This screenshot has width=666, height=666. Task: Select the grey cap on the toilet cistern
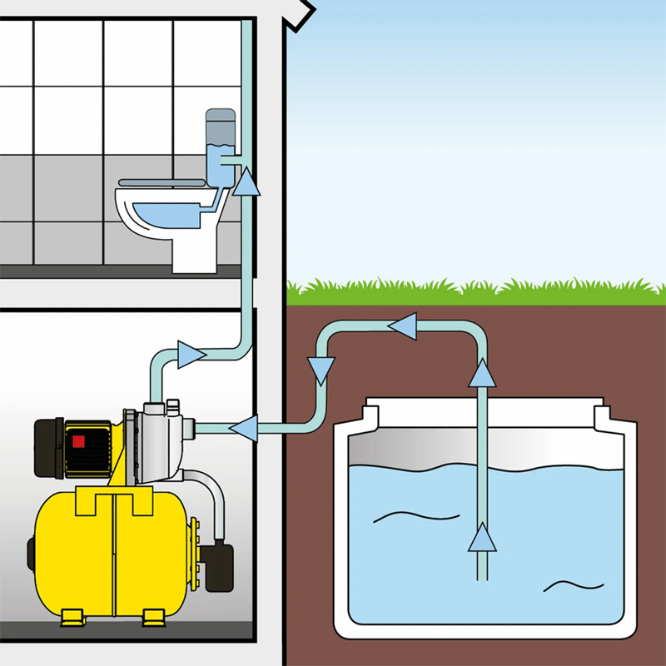[220, 125]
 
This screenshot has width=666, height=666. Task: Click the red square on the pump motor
[79, 443]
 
